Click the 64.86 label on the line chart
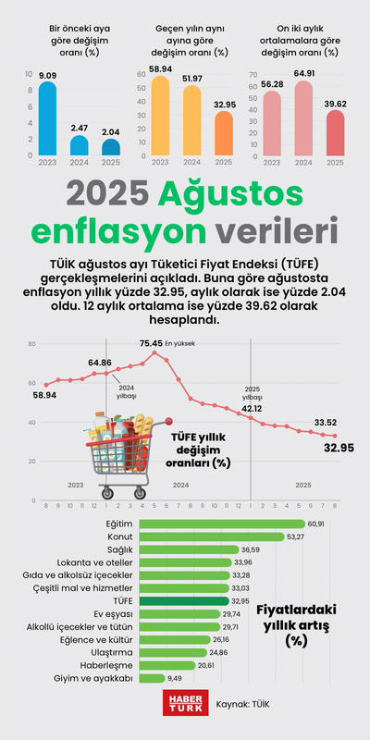click(100, 362)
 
